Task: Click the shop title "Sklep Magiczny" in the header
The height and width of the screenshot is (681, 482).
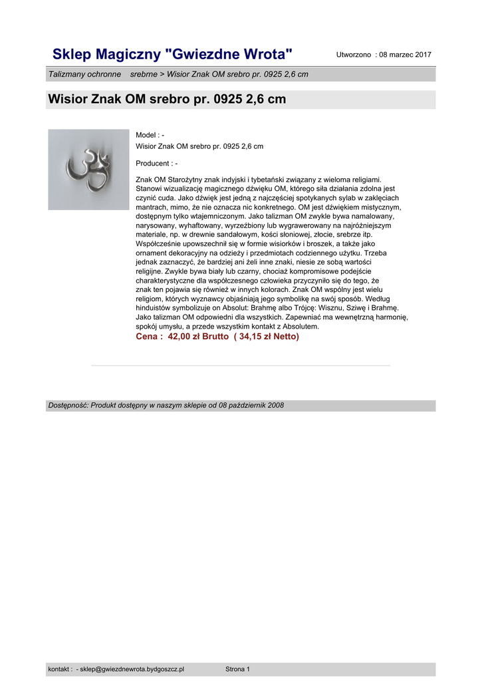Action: click(106, 54)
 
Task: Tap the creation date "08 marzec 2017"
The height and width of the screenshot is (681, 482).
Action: click(405, 54)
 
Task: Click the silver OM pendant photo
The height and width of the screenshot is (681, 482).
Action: click(88, 170)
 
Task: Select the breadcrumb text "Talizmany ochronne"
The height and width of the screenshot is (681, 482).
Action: click(84, 74)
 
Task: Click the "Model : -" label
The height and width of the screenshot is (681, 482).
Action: click(150, 135)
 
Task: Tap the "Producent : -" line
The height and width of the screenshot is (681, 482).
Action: click(156, 163)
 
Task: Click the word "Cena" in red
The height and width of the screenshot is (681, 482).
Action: click(148, 337)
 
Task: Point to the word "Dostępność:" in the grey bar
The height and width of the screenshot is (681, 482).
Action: click(68, 406)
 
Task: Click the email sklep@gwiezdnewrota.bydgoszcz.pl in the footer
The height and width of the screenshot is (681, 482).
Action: click(132, 669)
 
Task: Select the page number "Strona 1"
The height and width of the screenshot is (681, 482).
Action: click(237, 669)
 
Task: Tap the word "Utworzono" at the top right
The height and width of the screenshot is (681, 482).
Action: click(354, 54)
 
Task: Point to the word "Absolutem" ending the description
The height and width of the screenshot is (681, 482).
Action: click(302, 327)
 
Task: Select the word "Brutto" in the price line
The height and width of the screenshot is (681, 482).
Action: click(215, 337)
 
